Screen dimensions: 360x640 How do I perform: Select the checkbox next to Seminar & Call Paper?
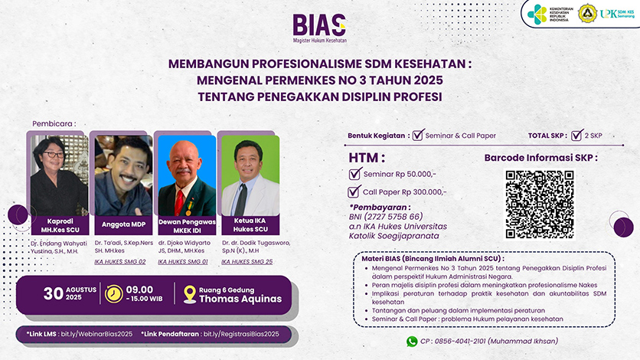tap(418, 136)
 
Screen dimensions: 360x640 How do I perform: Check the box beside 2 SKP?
tap(577, 136)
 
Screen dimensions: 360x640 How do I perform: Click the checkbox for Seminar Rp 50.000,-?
tap(354, 174)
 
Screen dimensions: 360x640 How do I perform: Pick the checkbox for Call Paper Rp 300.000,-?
tap(354, 192)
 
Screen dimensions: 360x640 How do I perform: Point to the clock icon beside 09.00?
tap(113, 294)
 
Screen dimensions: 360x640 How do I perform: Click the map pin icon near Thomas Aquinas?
tap(190, 294)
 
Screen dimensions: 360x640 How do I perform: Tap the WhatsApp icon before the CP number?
tap(412, 342)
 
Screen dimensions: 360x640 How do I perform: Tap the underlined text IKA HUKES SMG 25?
tap(247, 262)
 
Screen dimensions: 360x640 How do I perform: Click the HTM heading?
tap(364, 157)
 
